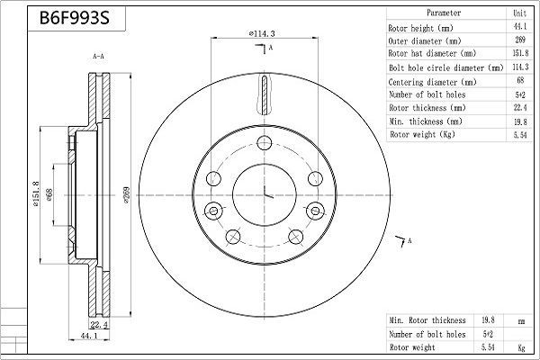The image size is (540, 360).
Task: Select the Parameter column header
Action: tap(444, 14)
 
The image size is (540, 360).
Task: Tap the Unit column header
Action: tap(519, 14)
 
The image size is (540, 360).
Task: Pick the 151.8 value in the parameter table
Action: tap(519, 54)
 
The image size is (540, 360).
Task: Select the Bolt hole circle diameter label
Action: tap(445, 67)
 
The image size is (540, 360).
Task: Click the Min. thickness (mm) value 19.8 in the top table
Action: tap(519, 121)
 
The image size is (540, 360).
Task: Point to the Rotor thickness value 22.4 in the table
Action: tap(519, 108)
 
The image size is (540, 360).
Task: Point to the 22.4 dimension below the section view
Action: tap(99, 325)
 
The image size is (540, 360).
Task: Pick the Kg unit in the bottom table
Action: tap(520, 346)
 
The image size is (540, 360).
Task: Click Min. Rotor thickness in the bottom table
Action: tap(427, 319)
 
